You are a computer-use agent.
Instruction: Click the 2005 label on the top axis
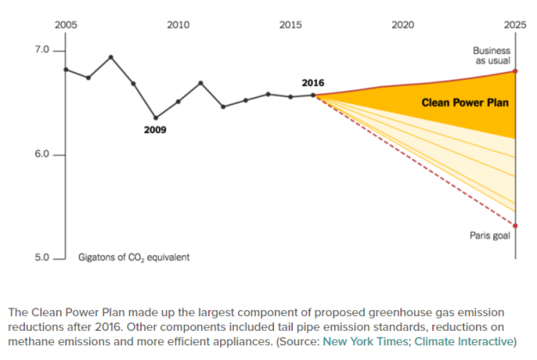tap(66, 24)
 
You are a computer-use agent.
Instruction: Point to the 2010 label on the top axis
tap(178, 24)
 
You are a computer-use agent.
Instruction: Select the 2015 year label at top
tap(290, 24)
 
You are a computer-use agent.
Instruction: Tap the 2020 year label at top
tap(402, 24)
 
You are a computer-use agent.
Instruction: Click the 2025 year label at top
tap(514, 24)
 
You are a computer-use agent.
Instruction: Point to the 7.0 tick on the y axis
tap(42, 51)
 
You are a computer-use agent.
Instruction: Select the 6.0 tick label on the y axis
tap(42, 155)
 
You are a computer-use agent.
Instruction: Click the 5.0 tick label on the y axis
tap(42, 257)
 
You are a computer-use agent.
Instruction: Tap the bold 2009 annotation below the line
tap(156, 131)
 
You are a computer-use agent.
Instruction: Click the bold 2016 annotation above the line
tap(313, 82)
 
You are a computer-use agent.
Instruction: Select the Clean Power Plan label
tap(465, 103)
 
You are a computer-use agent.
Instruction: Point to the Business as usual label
tap(492, 56)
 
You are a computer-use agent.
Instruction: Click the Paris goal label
tap(491, 235)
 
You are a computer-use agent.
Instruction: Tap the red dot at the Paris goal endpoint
tap(515, 226)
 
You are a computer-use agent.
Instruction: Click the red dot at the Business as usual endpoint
tap(515, 71)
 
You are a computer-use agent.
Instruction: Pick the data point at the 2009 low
tap(156, 118)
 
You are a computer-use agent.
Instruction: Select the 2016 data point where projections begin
tap(313, 95)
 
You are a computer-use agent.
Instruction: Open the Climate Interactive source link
tap(465, 341)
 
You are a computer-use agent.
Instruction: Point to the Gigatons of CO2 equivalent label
tap(133, 257)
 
